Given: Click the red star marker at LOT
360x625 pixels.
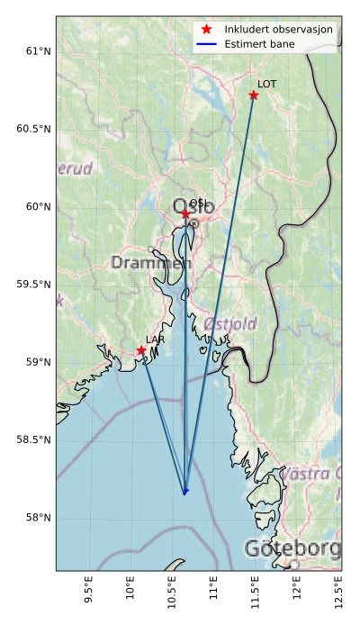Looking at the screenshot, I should point(254,95).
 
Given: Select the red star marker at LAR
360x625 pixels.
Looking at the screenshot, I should point(141,350).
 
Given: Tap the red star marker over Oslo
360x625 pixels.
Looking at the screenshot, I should point(185,213).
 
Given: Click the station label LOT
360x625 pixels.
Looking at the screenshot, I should point(267,84).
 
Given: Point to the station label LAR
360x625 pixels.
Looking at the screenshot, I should point(155,340).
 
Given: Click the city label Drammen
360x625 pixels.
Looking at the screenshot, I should point(151,263).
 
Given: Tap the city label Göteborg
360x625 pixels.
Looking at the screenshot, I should point(292,548).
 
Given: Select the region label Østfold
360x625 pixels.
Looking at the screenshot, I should point(230,324).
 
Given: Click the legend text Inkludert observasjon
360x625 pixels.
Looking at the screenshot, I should point(279,30).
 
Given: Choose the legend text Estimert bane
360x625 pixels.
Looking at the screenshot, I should point(262,43).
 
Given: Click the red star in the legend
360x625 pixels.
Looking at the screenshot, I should point(207,30).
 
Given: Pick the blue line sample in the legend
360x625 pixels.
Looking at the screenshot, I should point(207,43).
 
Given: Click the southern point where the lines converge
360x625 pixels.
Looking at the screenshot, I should point(184,492).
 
